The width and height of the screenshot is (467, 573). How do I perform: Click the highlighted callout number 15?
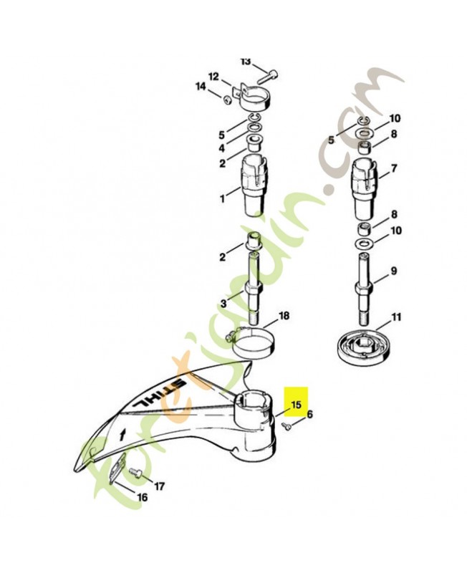pos(296,405)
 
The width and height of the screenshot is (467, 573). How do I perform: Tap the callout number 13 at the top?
pos(246,62)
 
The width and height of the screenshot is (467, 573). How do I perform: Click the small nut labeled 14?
pos(227,100)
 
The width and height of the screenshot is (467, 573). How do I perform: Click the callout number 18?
pos(284,316)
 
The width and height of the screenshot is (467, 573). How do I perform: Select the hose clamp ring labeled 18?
pos(252,344)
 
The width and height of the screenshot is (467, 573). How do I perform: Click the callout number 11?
pos(396,317)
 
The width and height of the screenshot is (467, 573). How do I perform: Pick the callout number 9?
pos(393,271)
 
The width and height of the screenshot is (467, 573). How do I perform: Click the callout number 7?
pos(393,169)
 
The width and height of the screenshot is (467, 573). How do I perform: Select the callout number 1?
pos(222,199)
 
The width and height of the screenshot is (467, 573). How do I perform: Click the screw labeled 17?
pos(136,473)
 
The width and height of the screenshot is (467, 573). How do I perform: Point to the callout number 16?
pos(142,497)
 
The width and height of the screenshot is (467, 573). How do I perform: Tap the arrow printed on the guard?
pos(121,435)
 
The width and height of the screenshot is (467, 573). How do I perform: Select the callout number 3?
pos(223,304)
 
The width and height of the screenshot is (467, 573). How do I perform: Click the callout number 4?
pos(222,149)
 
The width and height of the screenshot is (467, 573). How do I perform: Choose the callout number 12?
pos(213,77)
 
